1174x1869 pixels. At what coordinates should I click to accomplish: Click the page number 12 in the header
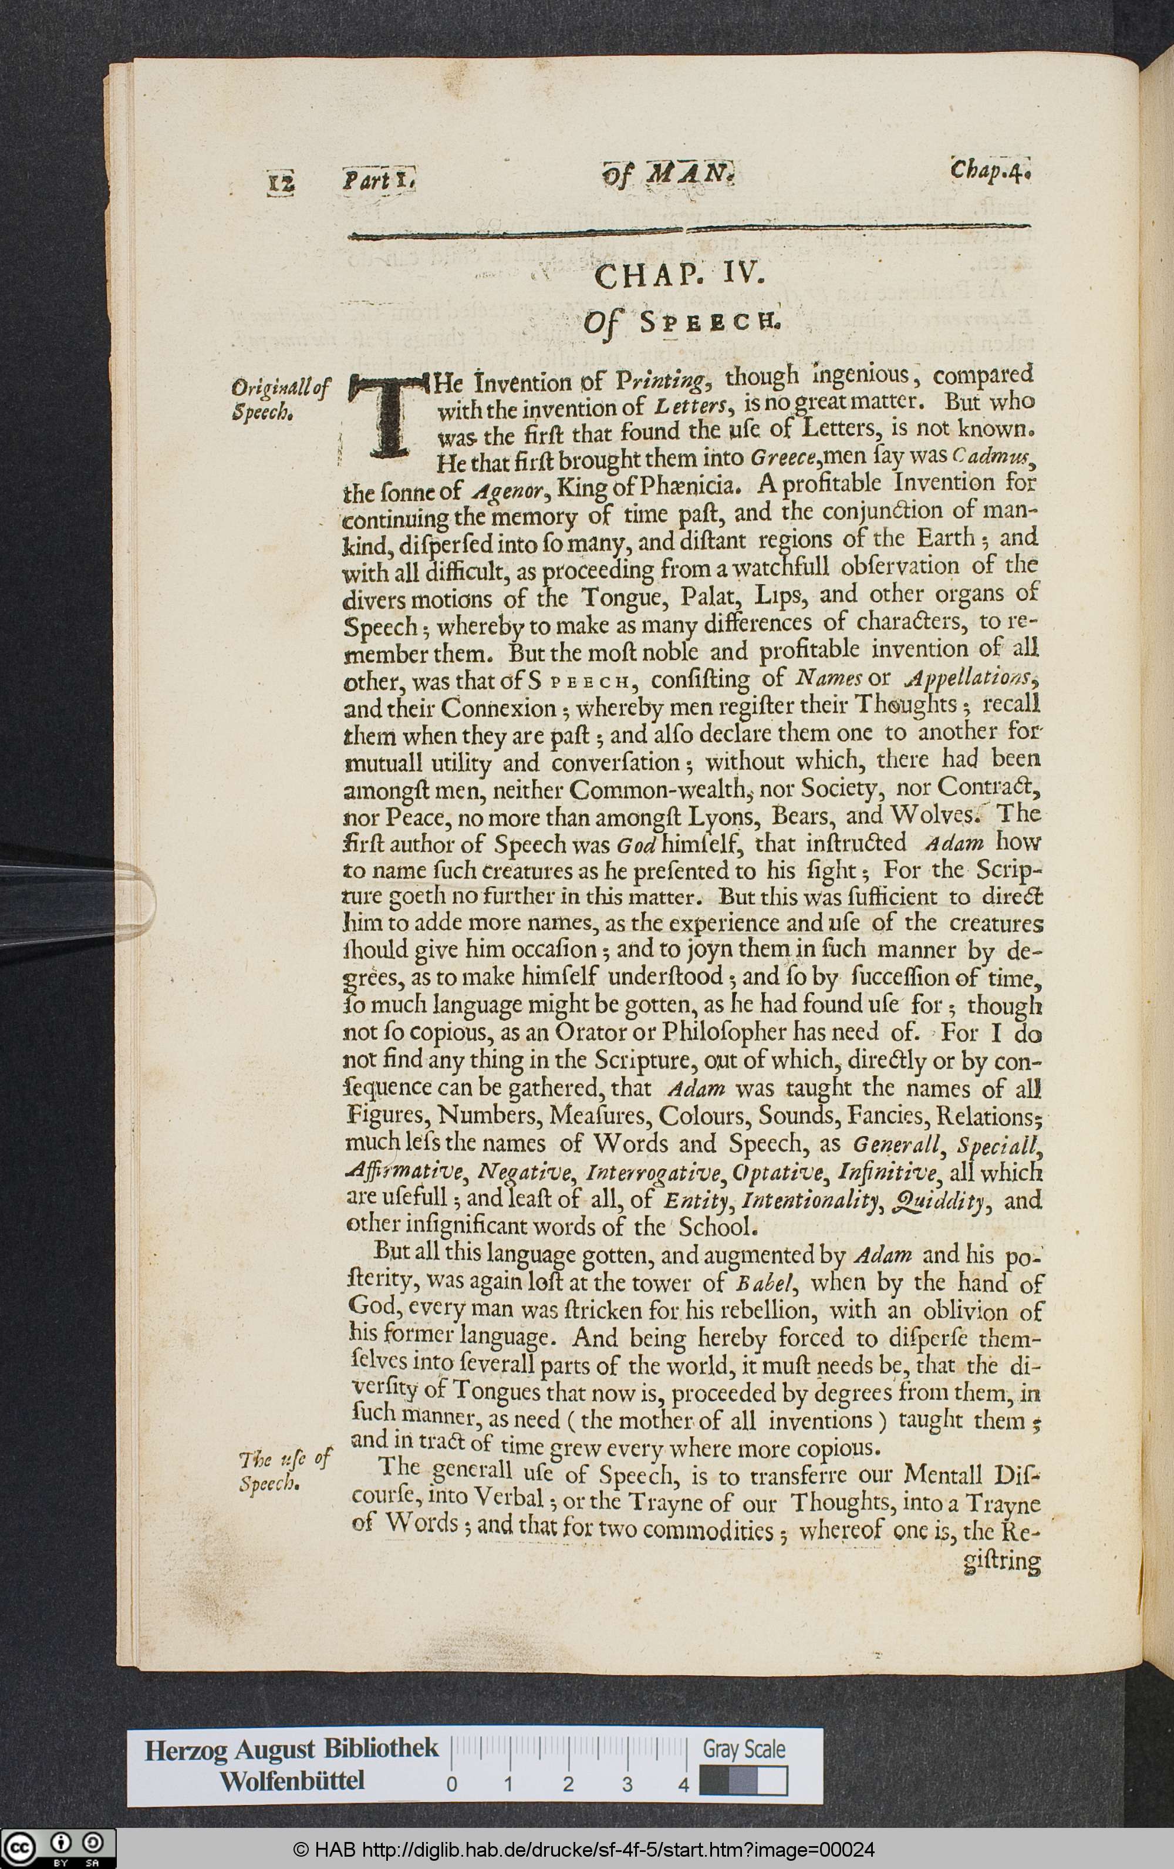[282, 183]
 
